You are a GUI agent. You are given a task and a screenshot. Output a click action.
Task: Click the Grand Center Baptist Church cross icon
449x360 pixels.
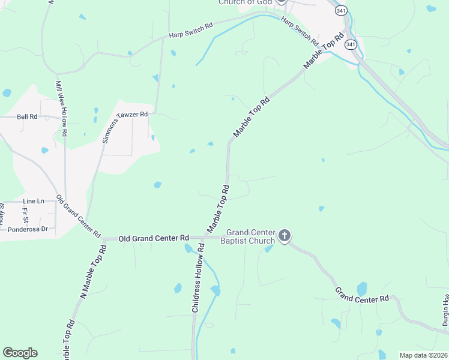pos(285,236)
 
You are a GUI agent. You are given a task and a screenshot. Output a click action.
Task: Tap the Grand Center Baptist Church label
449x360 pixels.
pos(250,236)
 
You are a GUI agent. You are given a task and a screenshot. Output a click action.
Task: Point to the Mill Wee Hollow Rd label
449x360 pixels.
pos(62,107)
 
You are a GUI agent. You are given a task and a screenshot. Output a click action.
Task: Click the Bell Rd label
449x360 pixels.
pos(27,116)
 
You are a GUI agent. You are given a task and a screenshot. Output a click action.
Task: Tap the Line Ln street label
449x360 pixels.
pos(34,201)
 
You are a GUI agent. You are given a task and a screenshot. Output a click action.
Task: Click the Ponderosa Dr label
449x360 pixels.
pos(27,229)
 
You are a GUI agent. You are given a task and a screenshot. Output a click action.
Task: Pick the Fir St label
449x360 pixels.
pos(25,214)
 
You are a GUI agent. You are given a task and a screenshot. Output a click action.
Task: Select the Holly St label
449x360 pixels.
pos(2,214)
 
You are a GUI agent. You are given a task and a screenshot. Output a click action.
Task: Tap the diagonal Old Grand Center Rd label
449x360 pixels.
pos(79,216)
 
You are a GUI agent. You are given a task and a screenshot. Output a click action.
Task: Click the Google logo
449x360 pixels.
pos(20,353)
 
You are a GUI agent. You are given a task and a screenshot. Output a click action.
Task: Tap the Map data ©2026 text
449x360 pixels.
pos(423,355)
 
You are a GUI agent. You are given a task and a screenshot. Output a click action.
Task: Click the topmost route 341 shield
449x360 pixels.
pos(341,10)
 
